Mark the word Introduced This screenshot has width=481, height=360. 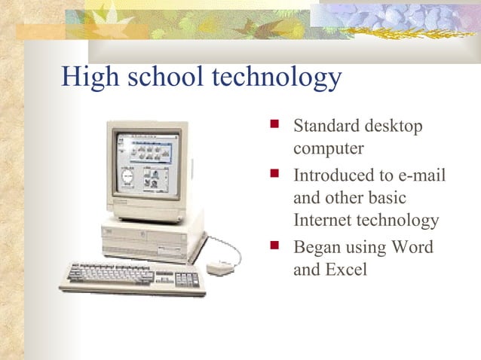pyautogui.click(x=334, y=176)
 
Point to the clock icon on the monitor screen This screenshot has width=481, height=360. pyautogui.click(x=127, y=178)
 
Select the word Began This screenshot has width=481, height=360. pyautogui.click(x=315, y=247)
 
